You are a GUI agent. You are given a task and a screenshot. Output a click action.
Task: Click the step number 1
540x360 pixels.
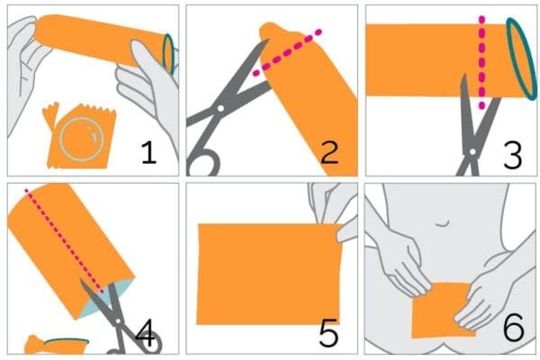coord(148,153)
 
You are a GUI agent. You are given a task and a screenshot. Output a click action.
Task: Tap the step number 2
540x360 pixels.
coord(329,153)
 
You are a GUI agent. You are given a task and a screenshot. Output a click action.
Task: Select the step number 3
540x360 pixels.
coord(513,156)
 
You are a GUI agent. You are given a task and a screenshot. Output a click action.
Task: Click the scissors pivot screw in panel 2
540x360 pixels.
coord(220,108)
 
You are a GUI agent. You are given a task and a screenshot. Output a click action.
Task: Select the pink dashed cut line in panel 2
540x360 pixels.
coord(287,53)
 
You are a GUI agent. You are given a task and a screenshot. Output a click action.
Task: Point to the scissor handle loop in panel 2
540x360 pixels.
coord(204,164)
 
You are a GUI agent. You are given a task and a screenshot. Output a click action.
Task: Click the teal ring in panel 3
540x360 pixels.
coord(521,58)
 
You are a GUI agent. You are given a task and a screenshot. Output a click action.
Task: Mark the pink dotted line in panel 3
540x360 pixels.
coord(481,62)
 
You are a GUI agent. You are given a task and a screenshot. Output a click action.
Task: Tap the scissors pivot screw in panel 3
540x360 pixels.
coord(472,151)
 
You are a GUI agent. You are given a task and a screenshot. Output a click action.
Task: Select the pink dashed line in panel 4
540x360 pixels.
coord(64,241)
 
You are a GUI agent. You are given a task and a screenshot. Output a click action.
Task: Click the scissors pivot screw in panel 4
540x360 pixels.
coord(118,320)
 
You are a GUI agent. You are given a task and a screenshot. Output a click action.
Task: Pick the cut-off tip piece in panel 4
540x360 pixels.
coord(57,346)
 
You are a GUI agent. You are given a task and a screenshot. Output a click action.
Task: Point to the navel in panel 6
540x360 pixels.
coord(443,224)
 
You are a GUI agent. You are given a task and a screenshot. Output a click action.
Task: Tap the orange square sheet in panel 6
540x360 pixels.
coord(442,310)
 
